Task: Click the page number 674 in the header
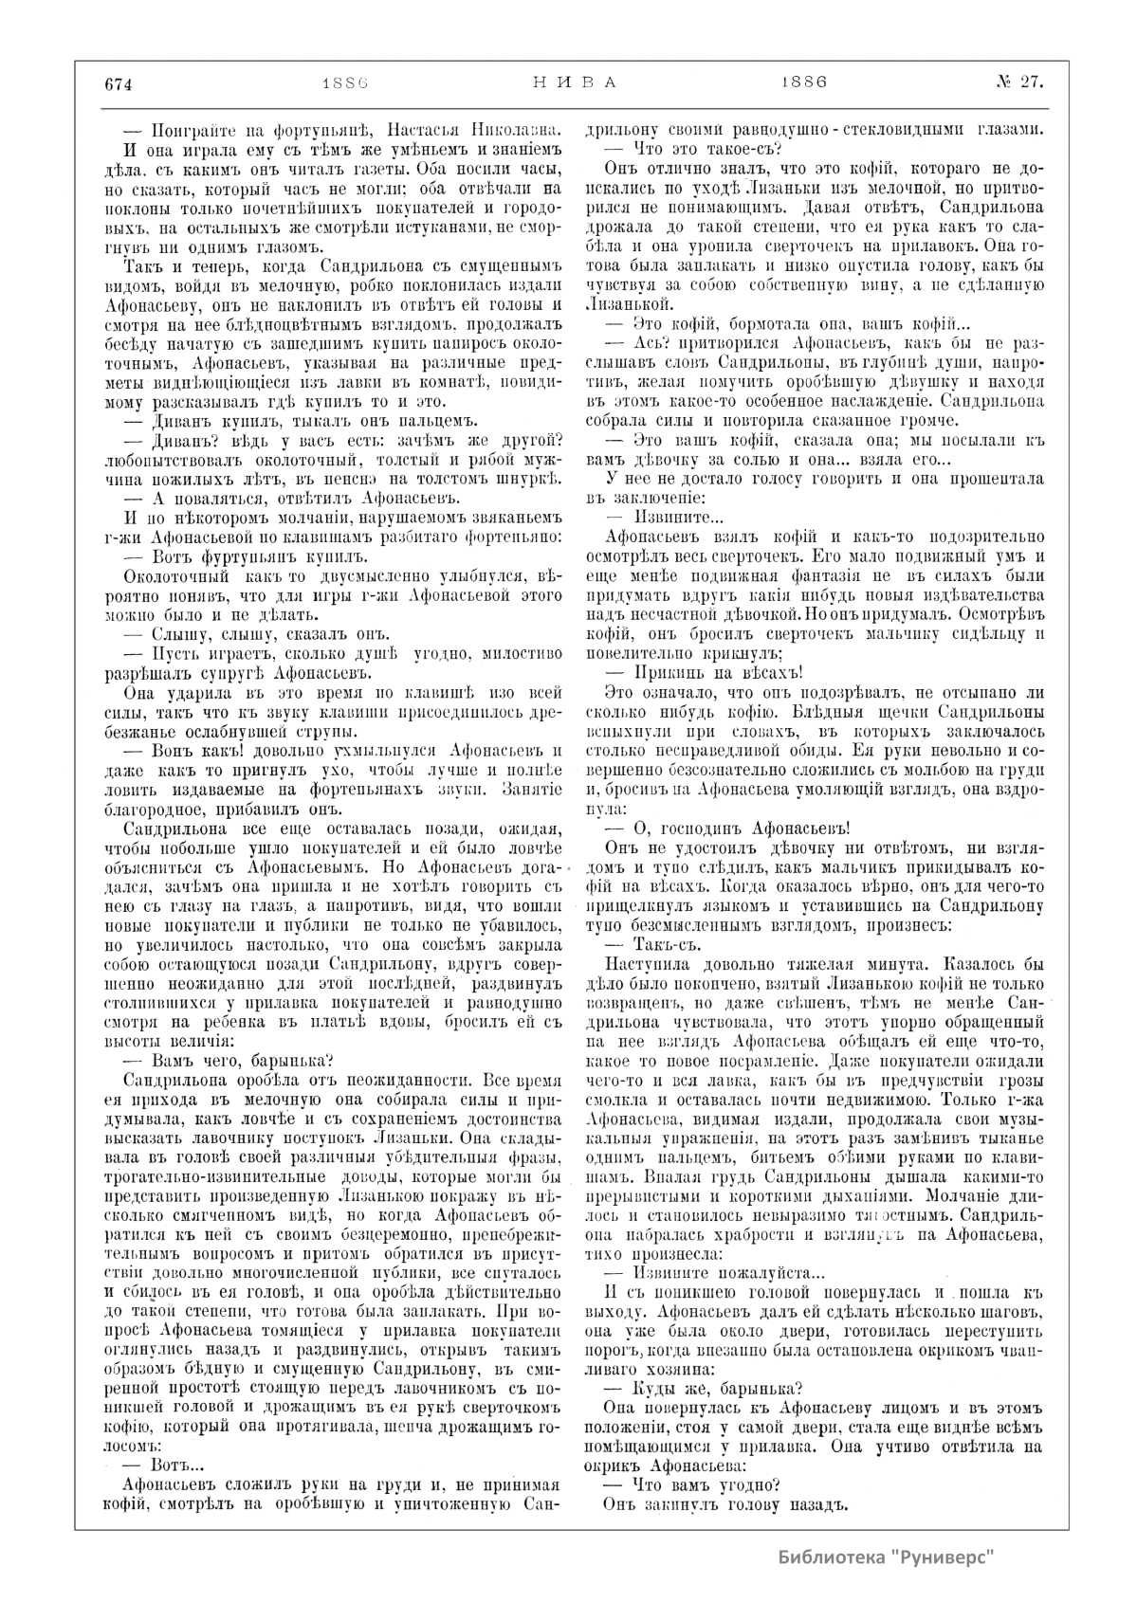[117, 82]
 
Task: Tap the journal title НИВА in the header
[570, 82]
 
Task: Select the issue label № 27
[1018, 82]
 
